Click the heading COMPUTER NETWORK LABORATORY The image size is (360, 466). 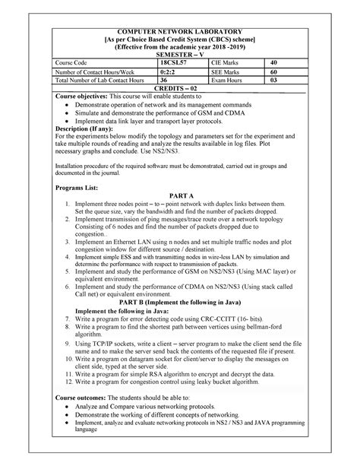pos(180,27)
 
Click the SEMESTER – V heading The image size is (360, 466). pos(180,55)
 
